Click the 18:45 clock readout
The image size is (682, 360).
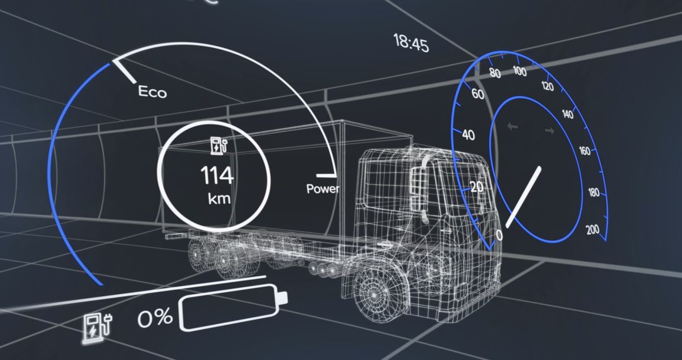click(x=410, y=44)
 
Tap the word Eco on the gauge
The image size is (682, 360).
click(x=152, y=93)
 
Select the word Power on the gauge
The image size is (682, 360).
click(x=323, y=188)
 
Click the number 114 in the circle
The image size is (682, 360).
click(x=217, y=175)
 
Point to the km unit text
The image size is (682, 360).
click(x=219, y=199)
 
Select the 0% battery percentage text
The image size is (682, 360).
click(x=155, y=318)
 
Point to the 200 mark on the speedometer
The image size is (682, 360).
click(x=592, y=230)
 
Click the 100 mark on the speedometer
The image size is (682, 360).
click(x=519, y=71)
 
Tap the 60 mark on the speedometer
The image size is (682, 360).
click(x=478, y=95)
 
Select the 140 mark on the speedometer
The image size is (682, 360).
click(x=567, y=115)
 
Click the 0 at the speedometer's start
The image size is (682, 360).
click(x=499, y=236)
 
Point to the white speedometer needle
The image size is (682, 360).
click(x=524, y=196)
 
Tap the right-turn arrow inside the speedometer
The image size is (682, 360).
click(x=549, y=131)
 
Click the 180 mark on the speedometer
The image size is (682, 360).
click(x=593, y=193)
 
